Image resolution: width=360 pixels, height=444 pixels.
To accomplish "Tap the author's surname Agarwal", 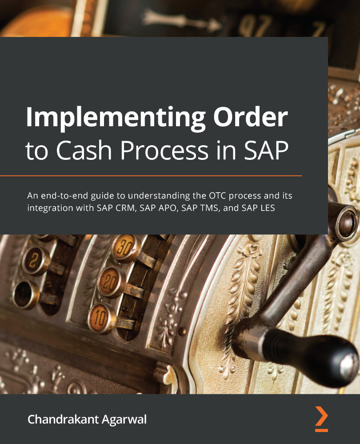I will [125, 419].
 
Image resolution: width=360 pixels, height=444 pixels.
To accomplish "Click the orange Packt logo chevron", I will [321, 418].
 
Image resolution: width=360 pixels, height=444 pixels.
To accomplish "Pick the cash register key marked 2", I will [36, 260].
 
